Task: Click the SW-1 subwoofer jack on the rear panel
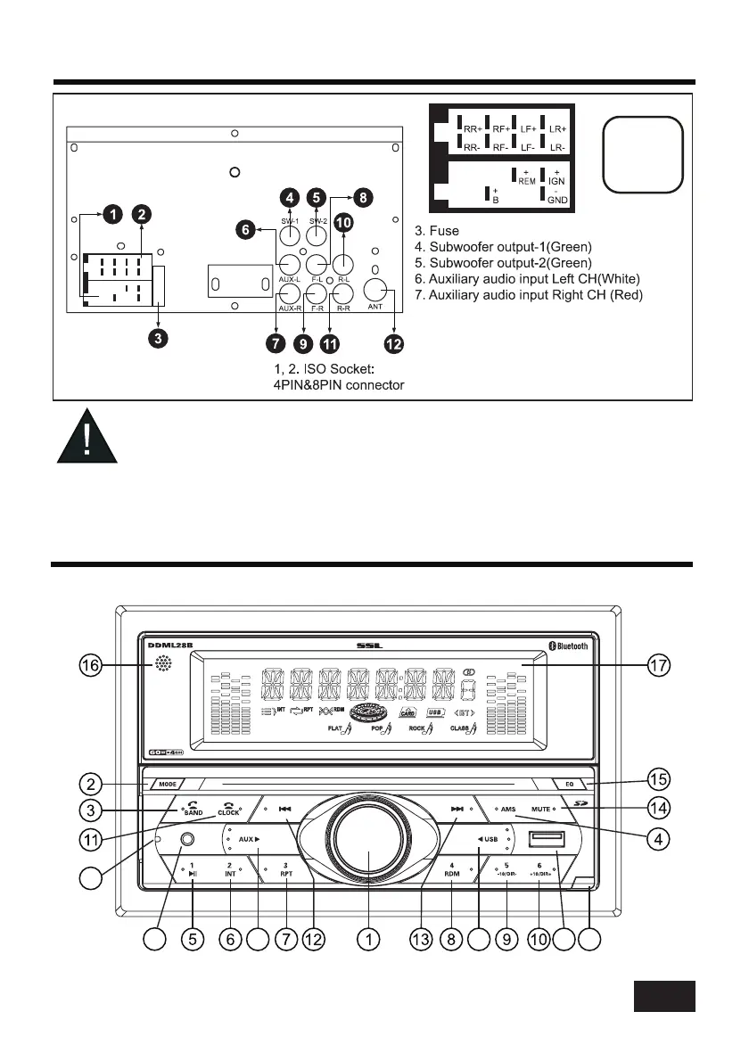click(289, 235)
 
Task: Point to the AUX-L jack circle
click(289, 264)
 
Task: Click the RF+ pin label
click(480, 129)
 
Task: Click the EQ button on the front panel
click(569, 785)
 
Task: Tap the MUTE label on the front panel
click(539, 809)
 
